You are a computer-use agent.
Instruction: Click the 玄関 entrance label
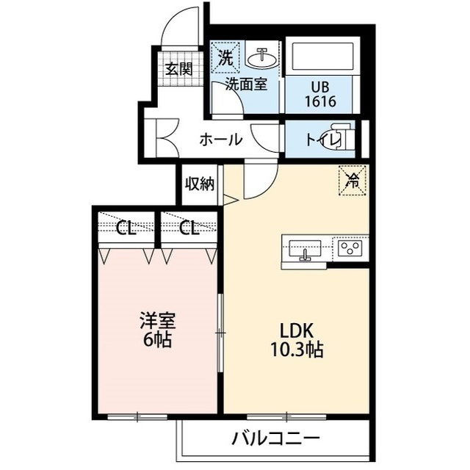[178, 70]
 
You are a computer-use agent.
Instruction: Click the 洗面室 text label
[245, 84]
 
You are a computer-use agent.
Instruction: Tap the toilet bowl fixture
[350, 140]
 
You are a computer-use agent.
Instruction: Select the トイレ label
[323, 140]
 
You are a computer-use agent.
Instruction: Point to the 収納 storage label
[199, 184]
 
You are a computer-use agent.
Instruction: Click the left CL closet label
[126, 228]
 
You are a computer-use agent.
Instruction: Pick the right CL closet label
[189, 228]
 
